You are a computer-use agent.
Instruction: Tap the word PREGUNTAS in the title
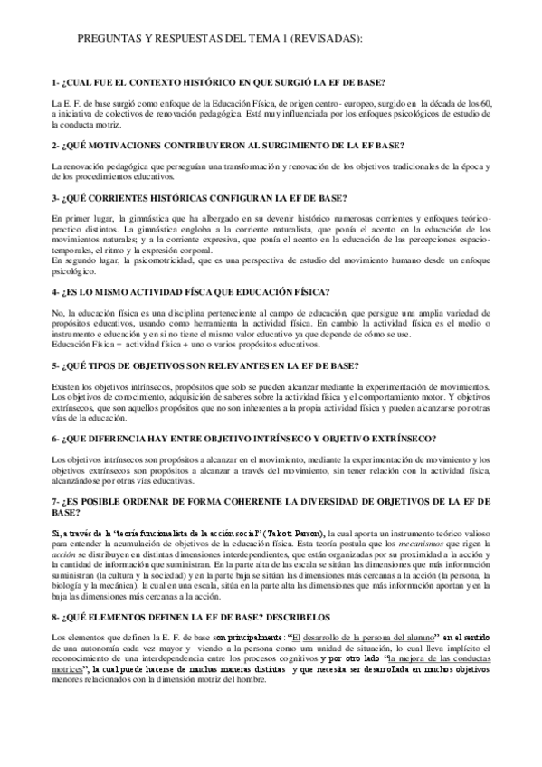click(103, 40)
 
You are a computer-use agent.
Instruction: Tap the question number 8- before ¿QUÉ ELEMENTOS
click(56, 617)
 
